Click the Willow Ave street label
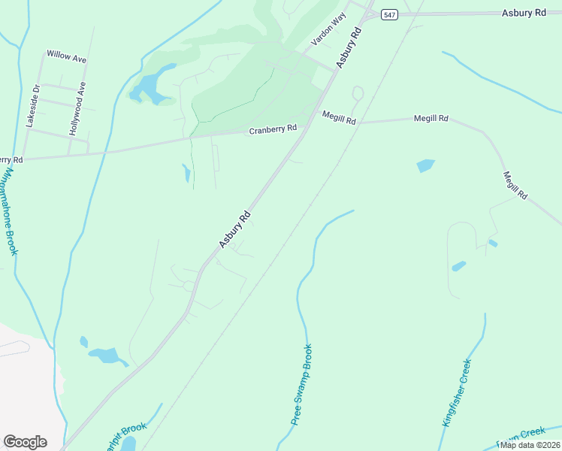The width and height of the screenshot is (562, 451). pyautogui.click(x=66, y=56)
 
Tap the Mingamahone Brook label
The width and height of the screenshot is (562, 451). pyautogui.click(x=8, y=210)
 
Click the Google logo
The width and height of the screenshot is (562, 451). pyautogui.click(x=25, y=442)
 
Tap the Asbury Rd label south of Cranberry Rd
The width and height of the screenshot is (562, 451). pyautogui.click(x=234, y=230)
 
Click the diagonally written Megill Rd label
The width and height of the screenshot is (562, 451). pyautogui.click(x=515, y=185)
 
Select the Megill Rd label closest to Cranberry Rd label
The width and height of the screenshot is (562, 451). pyautogui.click(x=339, y=117)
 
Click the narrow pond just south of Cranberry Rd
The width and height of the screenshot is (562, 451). pyautogui.click(x=186, y=174)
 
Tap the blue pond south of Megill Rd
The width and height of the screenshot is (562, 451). pyautogui.click(x=425, y=165)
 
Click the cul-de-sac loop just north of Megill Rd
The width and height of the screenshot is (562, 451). pyautogui.click(x=358, y=94)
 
